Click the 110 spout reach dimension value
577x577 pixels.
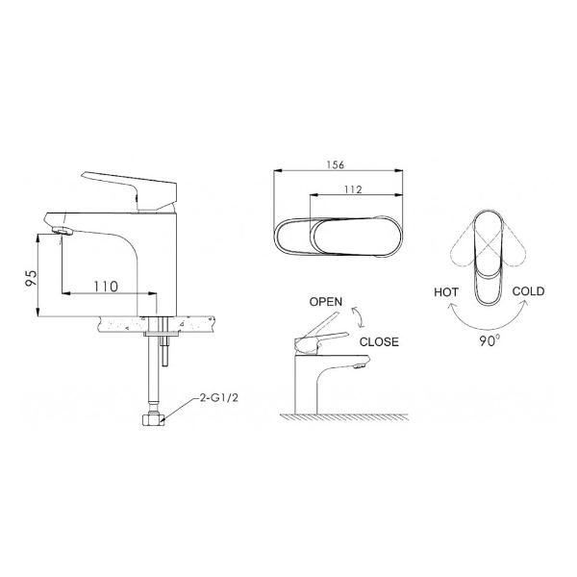tap(107, 286)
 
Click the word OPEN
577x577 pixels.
tap(325, 301)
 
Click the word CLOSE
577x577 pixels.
tap(379, 341)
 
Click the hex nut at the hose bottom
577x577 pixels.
tap(153, 418)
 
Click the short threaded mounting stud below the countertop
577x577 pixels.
tap(166, 350)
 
